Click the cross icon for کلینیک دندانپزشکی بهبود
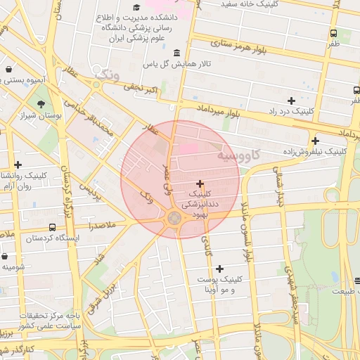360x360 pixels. click(200, 183)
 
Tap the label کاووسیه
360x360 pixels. click(237, 154)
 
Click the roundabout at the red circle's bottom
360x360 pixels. click(173, 218)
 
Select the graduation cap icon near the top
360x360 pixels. click(136, 8)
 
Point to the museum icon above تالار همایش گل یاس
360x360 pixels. click(175, 53)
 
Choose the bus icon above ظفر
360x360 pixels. click(333, 33)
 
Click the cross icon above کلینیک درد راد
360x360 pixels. click(291, 101)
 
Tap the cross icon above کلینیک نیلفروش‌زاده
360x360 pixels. click(315, 141)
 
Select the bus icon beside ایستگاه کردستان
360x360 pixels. click(53, 227)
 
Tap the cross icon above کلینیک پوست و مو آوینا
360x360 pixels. click(220, 269)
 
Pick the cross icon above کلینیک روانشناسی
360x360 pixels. click(18, 165)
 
